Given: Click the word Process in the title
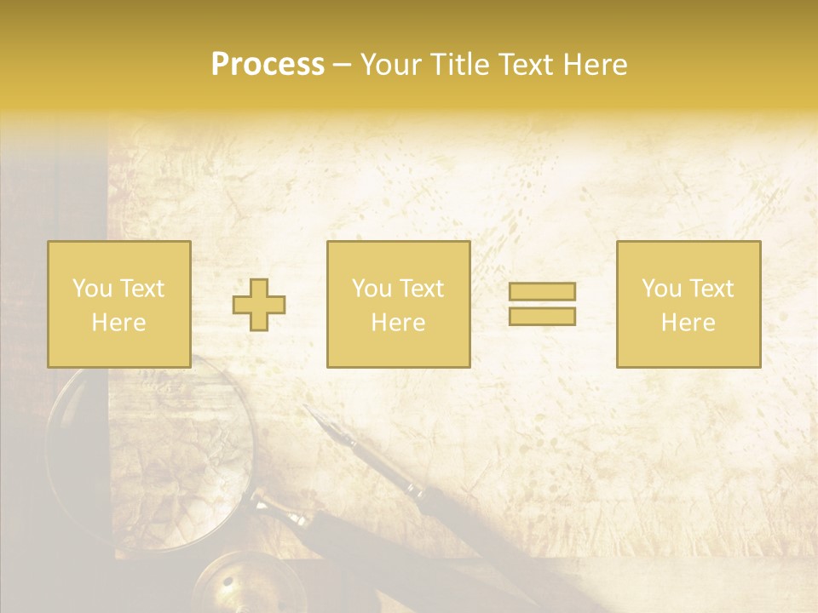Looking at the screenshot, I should pos(268,65).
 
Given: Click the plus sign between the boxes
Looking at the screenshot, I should pos(259,305).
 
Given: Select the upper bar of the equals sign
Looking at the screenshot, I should pos(542,291).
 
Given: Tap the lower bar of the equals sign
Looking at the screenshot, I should pos(542,317).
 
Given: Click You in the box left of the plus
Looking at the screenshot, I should pos(91,289).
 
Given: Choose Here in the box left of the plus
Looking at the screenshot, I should pos(118,323).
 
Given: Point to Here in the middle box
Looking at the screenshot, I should pos(398,323).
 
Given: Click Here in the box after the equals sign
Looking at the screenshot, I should pos(688,323).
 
